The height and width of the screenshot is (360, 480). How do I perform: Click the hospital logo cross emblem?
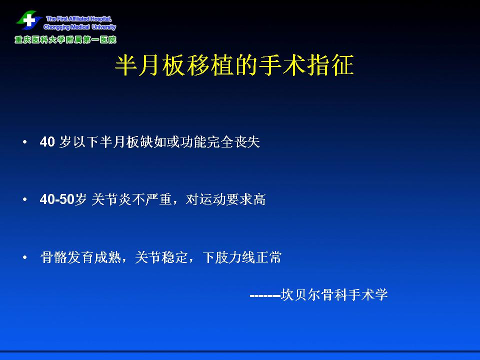click(29, 20)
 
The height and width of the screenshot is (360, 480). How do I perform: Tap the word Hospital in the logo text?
click(100, 18)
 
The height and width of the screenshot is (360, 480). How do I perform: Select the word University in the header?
click(104, 27)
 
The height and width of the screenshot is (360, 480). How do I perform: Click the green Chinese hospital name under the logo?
click(65, 39)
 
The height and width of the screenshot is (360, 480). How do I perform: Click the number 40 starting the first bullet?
click(47, 142)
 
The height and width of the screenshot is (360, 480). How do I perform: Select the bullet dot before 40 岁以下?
click(25, 142)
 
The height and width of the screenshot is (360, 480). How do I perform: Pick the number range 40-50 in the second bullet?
click(57, 199)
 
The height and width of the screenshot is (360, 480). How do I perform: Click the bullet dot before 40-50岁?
click(25, 199)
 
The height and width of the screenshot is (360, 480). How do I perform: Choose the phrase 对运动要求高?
click(225, 199)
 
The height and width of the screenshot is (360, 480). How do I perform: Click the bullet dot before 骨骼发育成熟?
click(25, 257)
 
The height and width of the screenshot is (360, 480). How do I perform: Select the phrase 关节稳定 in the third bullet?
click(161, 257)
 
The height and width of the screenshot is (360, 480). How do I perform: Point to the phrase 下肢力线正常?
click(242, 257)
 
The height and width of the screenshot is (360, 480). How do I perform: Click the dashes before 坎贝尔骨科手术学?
click(265, 295)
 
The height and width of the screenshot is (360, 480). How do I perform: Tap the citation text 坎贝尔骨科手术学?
click(334, 295)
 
